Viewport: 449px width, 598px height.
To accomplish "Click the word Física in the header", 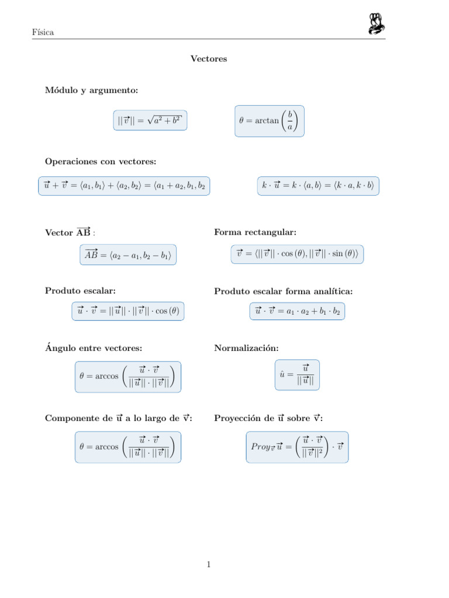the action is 43,32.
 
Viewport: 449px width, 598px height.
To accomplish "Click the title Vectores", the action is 209,59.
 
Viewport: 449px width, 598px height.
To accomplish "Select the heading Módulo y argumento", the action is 92,91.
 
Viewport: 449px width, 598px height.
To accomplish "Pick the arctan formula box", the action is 269,121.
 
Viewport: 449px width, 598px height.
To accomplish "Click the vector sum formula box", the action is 124,186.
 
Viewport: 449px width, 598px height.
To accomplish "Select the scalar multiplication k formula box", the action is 318,186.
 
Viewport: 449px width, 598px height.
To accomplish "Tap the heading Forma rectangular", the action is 255,232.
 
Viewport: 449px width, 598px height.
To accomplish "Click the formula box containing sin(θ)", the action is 297,255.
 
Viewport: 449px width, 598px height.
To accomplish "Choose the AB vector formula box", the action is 128,255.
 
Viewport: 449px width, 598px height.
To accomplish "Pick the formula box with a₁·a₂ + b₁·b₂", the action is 297,312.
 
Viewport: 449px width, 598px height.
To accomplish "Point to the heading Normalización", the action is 246,348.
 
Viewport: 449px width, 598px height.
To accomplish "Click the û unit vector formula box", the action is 297,375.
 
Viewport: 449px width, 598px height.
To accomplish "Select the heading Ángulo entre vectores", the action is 94,348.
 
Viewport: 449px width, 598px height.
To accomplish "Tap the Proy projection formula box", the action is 297,447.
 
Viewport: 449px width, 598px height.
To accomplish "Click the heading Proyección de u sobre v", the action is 268,418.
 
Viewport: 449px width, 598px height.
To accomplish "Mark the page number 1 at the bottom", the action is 208,564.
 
